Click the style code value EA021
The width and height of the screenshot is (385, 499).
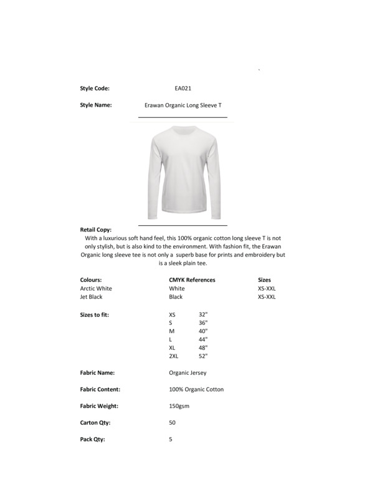pos(183,89)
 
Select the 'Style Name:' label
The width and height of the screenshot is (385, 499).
pos(96,105)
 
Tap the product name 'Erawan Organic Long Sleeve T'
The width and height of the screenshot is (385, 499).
pos(183,105)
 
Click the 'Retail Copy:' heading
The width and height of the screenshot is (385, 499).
pos(96,230)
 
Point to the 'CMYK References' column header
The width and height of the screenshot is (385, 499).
pos(192,280)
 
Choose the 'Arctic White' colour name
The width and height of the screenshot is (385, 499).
pos(96,289)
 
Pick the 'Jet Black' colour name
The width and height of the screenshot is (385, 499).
pos(92,298)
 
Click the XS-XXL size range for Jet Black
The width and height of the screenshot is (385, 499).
pos(267,298)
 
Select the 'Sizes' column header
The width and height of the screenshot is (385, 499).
pos(264,280)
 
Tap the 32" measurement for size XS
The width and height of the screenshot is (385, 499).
pos(203,315)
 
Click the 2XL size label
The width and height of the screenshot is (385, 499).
pos(174,356)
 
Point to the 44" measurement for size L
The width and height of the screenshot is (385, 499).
pos(203,339)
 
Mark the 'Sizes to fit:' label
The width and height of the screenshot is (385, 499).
pos(95,315)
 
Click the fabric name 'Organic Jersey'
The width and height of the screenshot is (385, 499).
pos(188,373)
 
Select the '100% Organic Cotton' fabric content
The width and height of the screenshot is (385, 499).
pos(196,389)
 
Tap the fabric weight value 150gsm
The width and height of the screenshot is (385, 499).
pos(179,406)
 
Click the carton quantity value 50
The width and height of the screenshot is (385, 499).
pos(172,422)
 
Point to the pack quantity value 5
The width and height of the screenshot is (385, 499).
pos(171,439)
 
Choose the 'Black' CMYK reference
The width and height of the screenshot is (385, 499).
pos(176,298)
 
